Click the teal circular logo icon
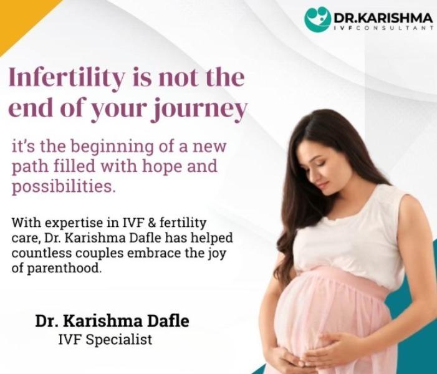317,19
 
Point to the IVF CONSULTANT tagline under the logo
383,28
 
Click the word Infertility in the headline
67,78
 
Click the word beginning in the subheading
112,147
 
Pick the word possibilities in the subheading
64,186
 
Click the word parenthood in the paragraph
64,269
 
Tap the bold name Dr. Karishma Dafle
112,321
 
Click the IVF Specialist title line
105,340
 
